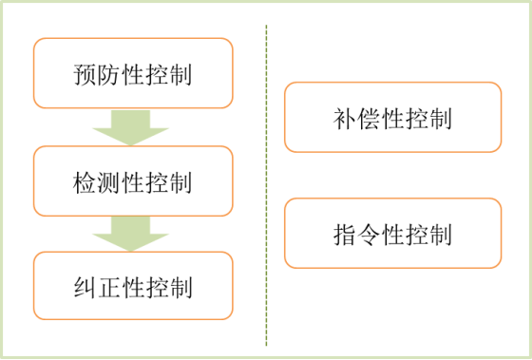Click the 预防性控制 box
pos(132,72)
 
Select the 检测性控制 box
pos(132,180)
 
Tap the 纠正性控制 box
pos(132,286)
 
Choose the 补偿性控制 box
pos(392,118)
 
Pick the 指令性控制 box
pos(392,233)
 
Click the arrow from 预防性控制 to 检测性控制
pos(132,126)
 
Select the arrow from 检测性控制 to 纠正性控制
pos(132,234)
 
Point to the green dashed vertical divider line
pos(267,180)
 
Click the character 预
pos(84,74)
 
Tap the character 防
pos(107,74)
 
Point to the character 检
pos(84,181)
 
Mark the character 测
pos(107,181)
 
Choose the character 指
pos(345,234)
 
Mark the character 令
pos(369,234)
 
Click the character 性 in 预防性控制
pos(132,74)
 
